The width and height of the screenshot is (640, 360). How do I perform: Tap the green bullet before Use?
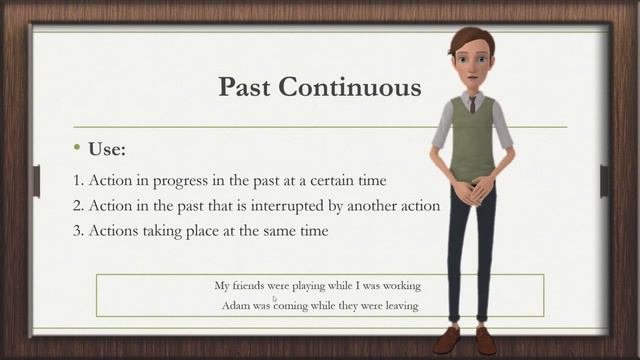point(77,148)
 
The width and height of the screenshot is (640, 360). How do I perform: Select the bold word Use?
point(107,150)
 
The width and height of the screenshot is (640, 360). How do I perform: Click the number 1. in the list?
point(78,181)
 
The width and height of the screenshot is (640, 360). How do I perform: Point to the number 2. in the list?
point(78,206)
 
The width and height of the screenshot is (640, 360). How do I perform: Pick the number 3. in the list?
point(78,231)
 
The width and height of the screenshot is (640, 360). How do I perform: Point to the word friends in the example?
point(251,285)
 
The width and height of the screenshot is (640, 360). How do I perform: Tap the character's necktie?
point(472,103)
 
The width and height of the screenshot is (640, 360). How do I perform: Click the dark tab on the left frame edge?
point(36,181)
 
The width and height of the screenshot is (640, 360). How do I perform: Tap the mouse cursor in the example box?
point(275,298)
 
